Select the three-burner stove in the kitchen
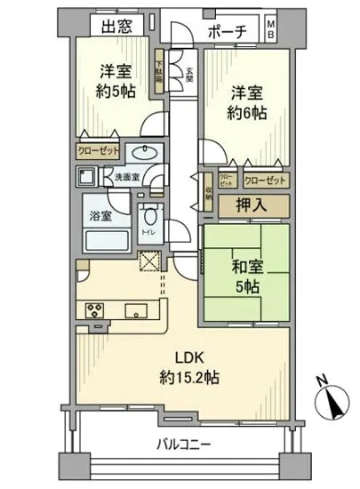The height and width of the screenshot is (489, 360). [94, 310]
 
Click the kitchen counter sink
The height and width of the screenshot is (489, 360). [136, 310]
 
